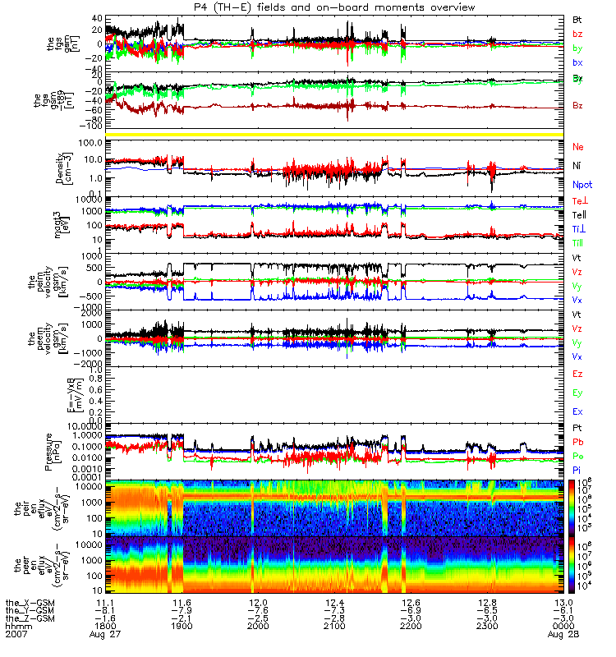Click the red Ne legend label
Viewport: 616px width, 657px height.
578,146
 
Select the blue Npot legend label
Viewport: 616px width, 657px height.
582,185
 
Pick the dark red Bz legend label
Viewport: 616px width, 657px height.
578,105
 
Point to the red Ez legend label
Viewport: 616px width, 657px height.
578,374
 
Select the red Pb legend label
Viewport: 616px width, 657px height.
578,443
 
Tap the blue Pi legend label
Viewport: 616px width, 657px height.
577,469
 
